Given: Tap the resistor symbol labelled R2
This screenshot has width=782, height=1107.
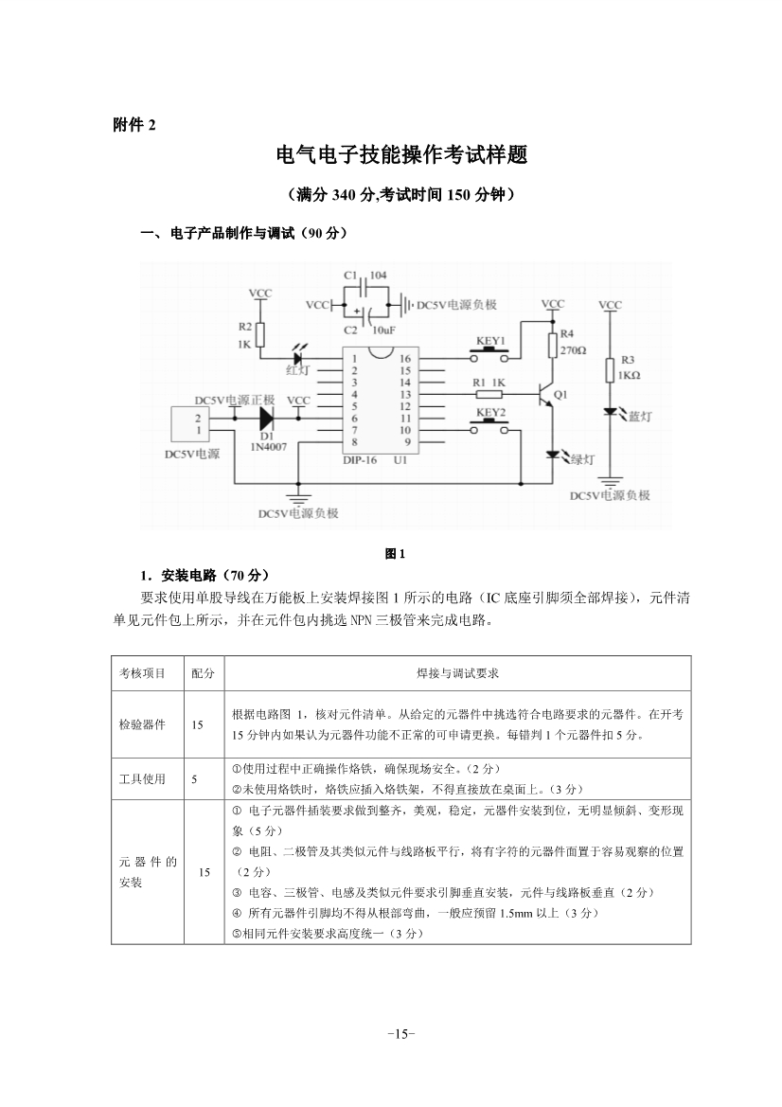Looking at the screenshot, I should point(260,334).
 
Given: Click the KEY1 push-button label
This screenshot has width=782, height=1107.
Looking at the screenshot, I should point(490,340).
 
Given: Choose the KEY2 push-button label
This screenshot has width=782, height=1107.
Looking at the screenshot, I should point(490,413).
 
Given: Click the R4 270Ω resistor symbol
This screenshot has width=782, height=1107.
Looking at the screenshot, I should point(552,344).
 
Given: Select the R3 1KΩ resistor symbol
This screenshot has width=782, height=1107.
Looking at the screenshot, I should point(611,368).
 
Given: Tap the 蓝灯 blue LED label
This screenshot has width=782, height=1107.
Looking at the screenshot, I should point(640,417).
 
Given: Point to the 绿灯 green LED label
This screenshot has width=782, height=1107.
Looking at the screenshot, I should point(581,459).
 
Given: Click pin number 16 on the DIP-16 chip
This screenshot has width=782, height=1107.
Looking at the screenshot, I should point(405,359).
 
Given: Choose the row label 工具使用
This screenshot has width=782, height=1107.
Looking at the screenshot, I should point(142,778).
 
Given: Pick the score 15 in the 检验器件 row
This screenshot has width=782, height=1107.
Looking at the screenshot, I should point(197,724).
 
